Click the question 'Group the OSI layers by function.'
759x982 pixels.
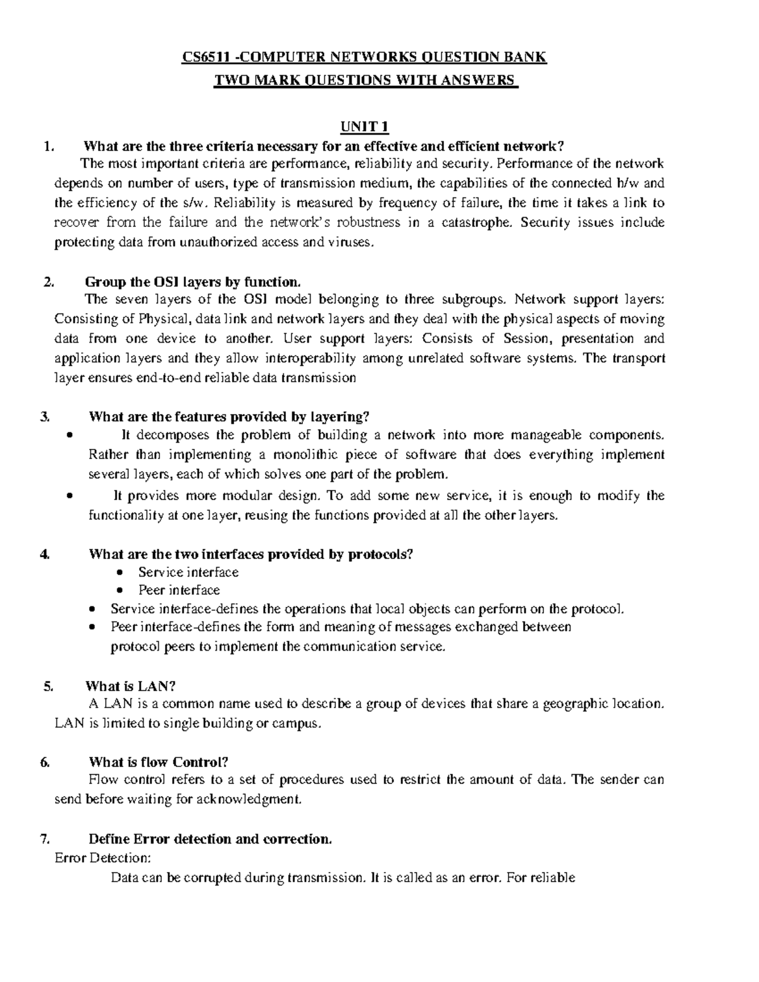[190, 281]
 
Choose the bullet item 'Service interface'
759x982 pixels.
[188, 572]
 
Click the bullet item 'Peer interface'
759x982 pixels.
[179, 590]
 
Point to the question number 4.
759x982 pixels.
[44, 555]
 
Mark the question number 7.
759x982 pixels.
[44, 839]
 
